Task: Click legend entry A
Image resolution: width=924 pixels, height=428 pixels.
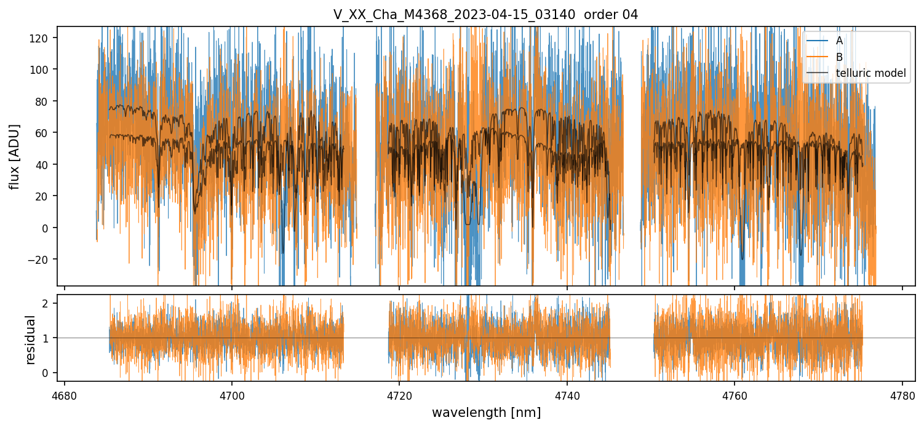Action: (x=839, y=41)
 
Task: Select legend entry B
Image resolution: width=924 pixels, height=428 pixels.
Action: (x=839, y=57)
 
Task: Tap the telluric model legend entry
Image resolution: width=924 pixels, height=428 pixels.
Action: (x=870, y=73)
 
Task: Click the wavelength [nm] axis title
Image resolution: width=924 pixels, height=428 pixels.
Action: (x=486, y=412)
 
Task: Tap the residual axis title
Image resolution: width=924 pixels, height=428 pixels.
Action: (x=30, y=339)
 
